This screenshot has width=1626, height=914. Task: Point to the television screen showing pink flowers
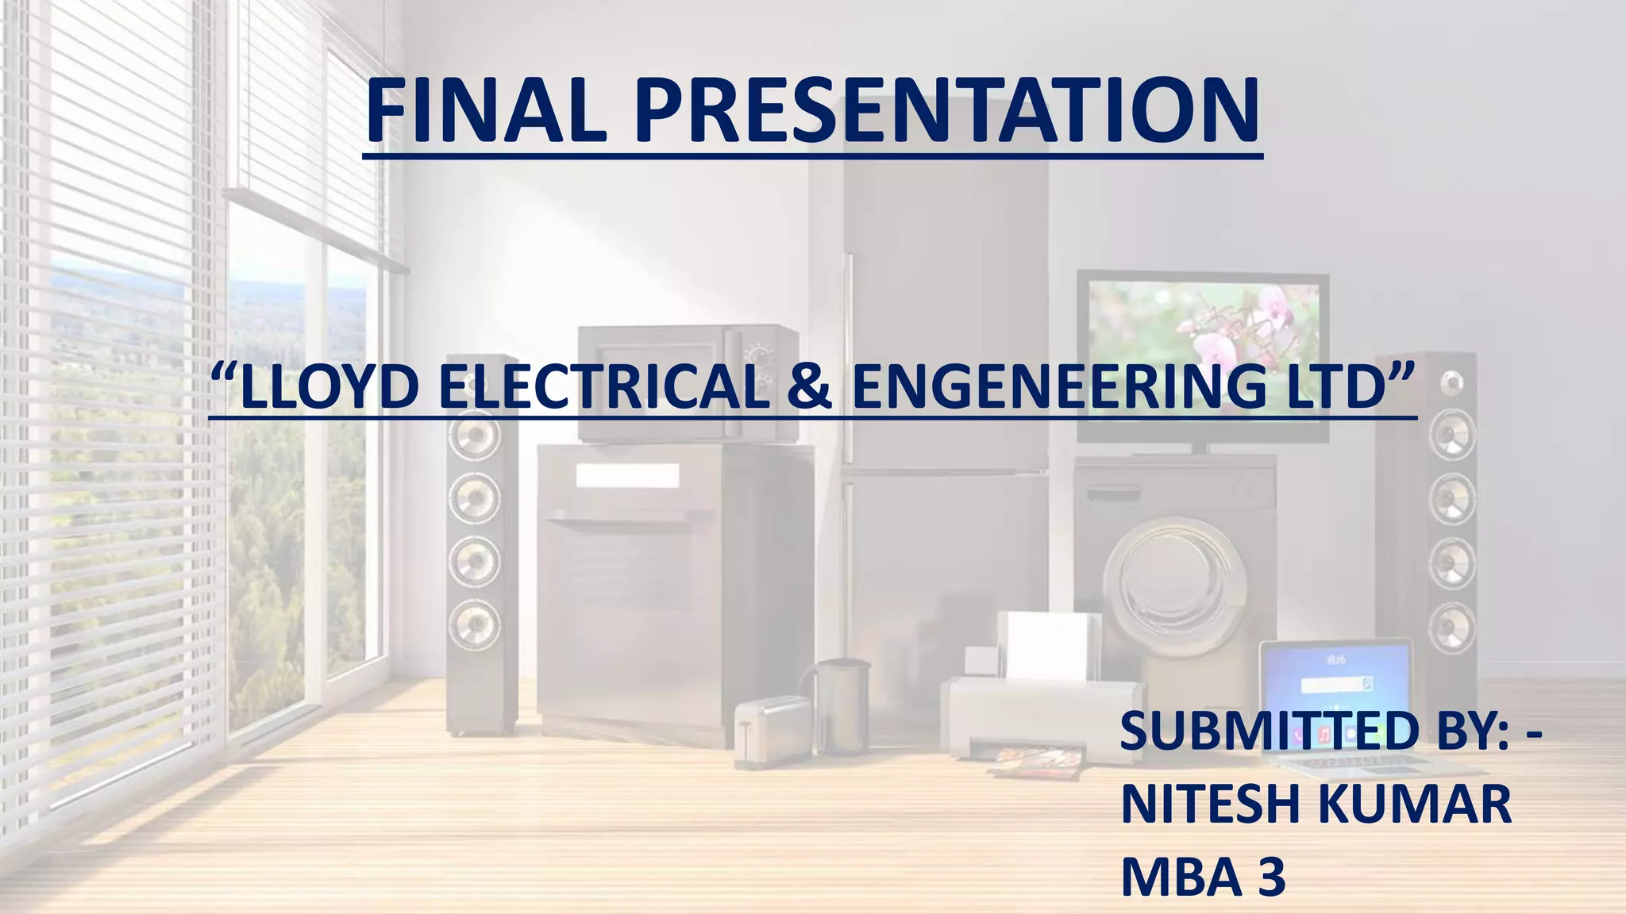(1202, 333)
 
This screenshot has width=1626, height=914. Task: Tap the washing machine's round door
(1175, 587)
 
